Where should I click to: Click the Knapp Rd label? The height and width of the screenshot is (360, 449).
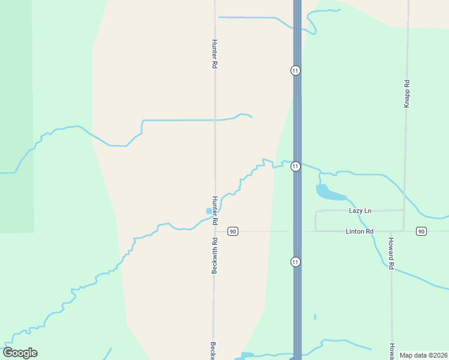tap(406, 94)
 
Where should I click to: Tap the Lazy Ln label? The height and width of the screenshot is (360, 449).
tap(360, 211)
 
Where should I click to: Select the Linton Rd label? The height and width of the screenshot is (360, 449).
tap(360, 231)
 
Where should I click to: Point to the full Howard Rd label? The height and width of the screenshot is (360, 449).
tap(390, 255)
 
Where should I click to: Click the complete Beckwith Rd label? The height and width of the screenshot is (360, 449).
tap(214, 256)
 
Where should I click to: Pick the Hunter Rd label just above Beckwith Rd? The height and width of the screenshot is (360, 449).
tap(214, 209)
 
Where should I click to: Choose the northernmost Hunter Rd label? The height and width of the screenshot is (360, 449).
tap(214, 53)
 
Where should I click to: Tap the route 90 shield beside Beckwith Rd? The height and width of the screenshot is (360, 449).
tap(233, 231)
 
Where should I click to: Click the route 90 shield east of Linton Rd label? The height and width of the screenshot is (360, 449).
tap(421, 231)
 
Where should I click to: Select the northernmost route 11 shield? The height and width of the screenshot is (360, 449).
tap(295, 70)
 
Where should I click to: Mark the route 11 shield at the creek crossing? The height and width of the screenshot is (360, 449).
tap(295, 166)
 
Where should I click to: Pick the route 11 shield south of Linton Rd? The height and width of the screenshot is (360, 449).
tap(295, 262)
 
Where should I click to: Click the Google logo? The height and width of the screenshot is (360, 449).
tap(20, 353)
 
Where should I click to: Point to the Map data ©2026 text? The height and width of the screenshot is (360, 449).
tap(423, 355)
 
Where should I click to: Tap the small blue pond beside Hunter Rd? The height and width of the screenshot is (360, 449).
tap(208, 211)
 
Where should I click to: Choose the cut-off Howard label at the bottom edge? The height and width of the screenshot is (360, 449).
tap(391, 350)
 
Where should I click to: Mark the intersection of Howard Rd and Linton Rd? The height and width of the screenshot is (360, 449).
tap(391, 231)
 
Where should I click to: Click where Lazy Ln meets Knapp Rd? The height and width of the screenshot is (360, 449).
tap(404, 210)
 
